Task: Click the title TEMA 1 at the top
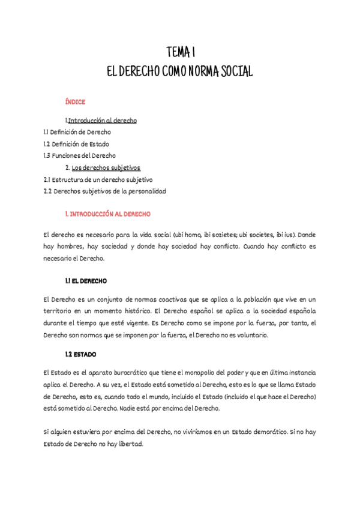point(180,52)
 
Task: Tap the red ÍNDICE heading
point(76,102)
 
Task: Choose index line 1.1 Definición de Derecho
point(77,132)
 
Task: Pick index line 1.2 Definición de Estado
point(76,144)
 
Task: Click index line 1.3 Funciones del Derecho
point(80,155)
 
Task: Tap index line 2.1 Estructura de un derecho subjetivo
point(98,179)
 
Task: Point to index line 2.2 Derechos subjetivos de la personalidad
point(105,191)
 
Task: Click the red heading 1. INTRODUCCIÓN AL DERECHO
point(108,214)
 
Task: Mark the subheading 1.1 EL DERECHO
point(86,281)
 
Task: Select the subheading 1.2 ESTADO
point(80,354)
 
